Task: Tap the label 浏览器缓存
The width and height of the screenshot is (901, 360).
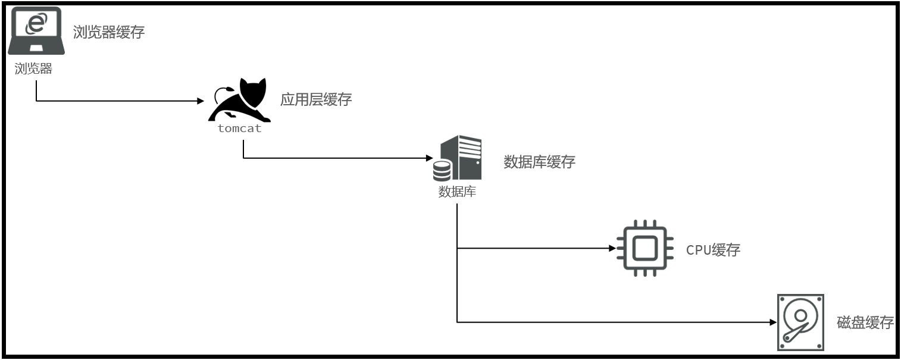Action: tap(109, 32)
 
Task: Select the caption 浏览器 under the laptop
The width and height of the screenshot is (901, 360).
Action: tap(33, 69)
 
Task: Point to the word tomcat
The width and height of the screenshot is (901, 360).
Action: tap(239, 129)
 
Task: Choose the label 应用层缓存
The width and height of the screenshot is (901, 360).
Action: tap(316, 99)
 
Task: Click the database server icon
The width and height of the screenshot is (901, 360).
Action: tap(458, 158)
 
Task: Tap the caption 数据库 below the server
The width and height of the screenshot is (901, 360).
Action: tap(457, 192)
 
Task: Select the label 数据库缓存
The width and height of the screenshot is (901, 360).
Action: tap(539, 162)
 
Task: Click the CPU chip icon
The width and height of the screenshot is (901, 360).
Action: tap(645, 248)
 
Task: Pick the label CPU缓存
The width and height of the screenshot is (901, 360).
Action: tap(713, 250)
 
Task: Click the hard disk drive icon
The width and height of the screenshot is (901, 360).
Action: tap(800, 322)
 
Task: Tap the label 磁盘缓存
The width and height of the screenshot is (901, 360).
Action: tap(865, 323)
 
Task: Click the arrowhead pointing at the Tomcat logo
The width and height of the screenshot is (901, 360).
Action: tap(201, 101)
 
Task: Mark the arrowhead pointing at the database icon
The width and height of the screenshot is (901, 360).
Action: tap(429, 159)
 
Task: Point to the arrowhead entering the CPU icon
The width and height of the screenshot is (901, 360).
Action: tap(612, 248)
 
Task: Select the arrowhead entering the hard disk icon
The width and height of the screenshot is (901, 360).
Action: tap(773, 323)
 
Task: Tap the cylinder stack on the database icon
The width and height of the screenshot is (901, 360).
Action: tap(442, 171)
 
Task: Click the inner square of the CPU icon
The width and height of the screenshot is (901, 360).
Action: tap(645, 248)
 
